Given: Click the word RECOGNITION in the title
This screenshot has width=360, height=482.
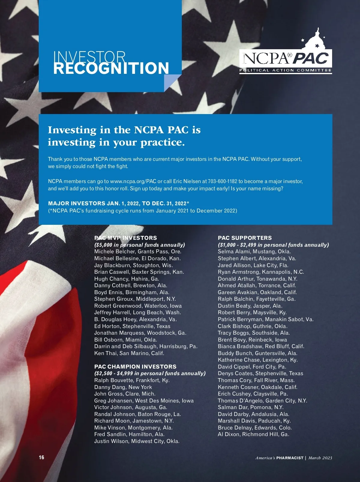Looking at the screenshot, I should [x=111, y=68].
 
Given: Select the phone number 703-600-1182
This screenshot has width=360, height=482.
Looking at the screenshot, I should [x=222, y=181].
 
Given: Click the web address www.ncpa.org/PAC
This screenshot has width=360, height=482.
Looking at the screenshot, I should [x=133, y=181].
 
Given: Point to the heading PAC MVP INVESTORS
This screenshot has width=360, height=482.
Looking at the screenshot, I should [x=125, y=238].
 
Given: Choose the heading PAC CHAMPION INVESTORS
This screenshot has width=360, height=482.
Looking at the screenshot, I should [x=135, y=366].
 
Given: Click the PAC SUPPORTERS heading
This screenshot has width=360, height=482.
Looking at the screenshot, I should [x=244, y=238].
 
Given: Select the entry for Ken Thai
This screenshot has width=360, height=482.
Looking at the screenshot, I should [x=129, y=353].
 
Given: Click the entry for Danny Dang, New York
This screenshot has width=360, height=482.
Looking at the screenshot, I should [x=123, y=387].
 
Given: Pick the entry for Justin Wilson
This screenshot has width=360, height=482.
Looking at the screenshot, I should [x=137, y=441].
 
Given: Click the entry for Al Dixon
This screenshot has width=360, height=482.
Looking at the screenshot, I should [x=253, y=434].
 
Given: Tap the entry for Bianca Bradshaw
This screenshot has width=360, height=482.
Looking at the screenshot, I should [x=261, y=346].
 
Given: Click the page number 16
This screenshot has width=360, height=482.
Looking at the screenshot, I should [x=41, y=457].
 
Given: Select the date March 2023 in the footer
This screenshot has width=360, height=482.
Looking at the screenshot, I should [x=320, y=458].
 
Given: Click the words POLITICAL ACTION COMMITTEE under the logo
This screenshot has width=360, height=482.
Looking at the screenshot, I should [x=285, y=71].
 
